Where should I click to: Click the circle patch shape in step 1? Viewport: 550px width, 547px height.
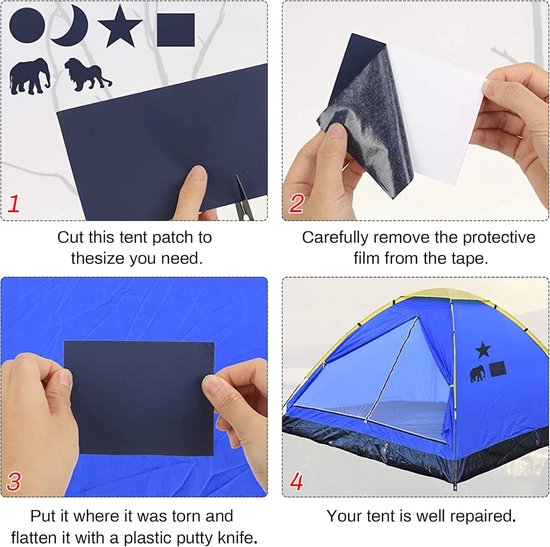pos(27,25)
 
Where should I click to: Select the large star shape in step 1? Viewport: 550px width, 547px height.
pos(120,27)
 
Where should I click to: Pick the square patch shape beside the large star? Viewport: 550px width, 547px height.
pos(176,30)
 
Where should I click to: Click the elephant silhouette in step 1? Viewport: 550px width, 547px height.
pos(29,76)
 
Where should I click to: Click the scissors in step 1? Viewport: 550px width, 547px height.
pos(243,198)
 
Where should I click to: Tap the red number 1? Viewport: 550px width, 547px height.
pos(13,204)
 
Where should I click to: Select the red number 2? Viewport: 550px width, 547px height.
pos(296,203)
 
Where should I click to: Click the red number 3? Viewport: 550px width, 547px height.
pos(14,481)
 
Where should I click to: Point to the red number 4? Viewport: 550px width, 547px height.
pos(296,481)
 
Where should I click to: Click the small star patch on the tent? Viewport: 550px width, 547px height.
pos(483,349)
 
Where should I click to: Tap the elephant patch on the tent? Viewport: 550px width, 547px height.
pos(478,373)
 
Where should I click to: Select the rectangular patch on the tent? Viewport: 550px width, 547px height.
pos(498,369)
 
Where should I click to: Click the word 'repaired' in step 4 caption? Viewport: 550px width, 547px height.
pos(483,516)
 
